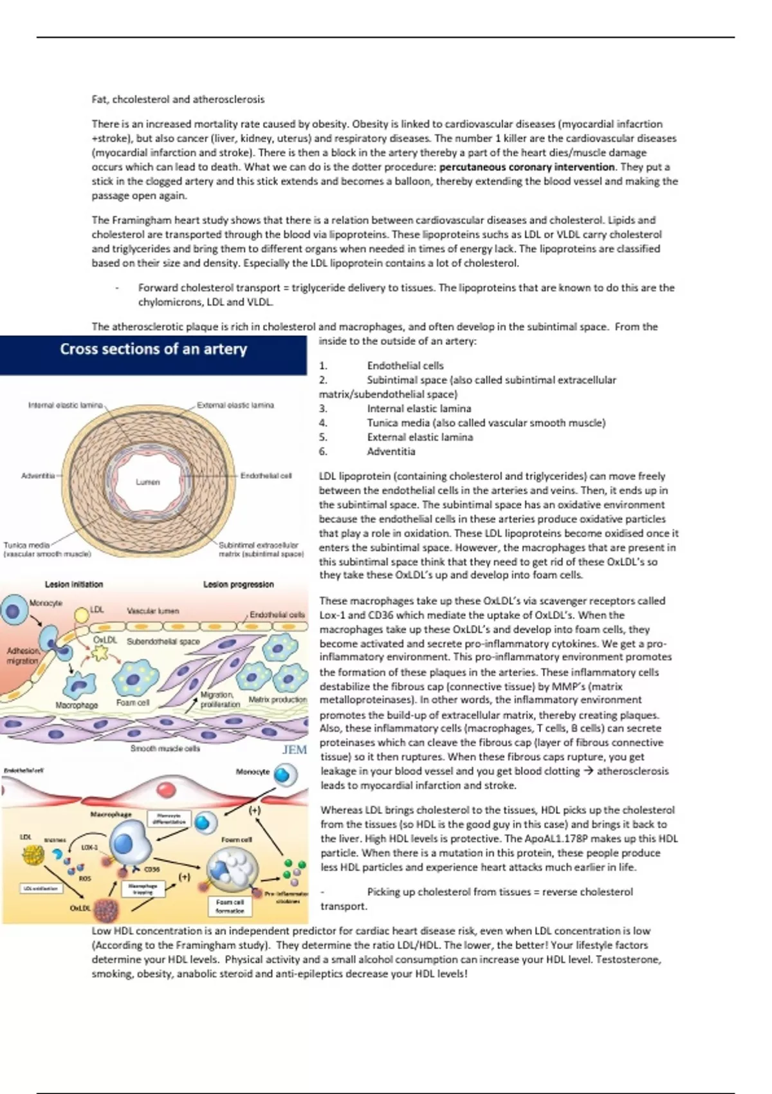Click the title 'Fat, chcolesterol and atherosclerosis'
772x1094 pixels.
click(x=178, y=100)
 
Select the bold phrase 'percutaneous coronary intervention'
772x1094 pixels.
click(x=527, y=167)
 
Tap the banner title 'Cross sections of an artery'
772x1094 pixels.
click(x=153, y=349)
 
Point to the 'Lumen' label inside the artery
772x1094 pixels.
click(x=147, y=482)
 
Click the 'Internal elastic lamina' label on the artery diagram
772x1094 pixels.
click(x=65, y=405)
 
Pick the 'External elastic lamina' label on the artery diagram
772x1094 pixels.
click(x=235, y=405)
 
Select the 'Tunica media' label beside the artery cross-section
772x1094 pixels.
click(x=26, y=545)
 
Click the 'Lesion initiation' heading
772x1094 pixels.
click(x=73, y=584)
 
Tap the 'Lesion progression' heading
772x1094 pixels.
click(x=238, y=584)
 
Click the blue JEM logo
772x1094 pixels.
click(x=295, y=750)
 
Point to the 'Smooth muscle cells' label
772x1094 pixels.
click(x=165, y=748)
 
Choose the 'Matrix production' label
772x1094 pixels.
click(x=278, y=700)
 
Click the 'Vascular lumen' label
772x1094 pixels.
click(x=153, y=611)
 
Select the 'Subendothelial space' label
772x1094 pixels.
click(x=163, y=642)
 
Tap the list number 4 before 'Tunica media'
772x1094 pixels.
click(x=323, y=423)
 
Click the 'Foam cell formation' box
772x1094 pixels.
click(x=230, y=906)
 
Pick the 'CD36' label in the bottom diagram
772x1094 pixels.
click(x=152, y=869)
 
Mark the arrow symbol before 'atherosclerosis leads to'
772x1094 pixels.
click(x=588, y=771)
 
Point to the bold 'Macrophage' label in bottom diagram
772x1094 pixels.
click(x=111, y=815)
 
